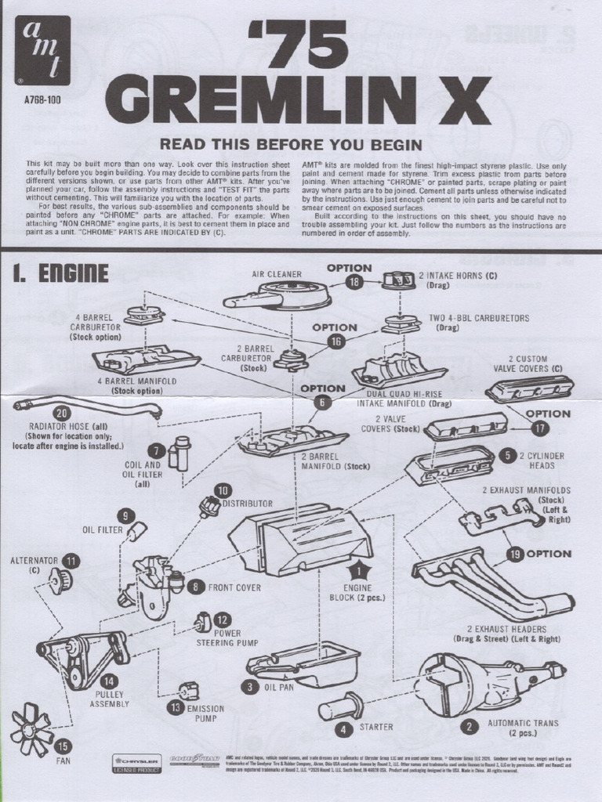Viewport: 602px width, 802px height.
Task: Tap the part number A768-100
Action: pyautogui.click(x=43, y=100)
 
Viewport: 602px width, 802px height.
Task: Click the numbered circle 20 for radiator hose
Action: pyautogui.click(x=61, y=413)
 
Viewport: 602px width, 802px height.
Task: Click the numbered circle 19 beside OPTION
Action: pyautogui.click(x=515, y=555)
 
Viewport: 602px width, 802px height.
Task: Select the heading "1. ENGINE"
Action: pyautogui.click(x=60, y=273)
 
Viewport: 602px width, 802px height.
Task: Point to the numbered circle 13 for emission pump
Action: pyautogui.click(x=174, y=707)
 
